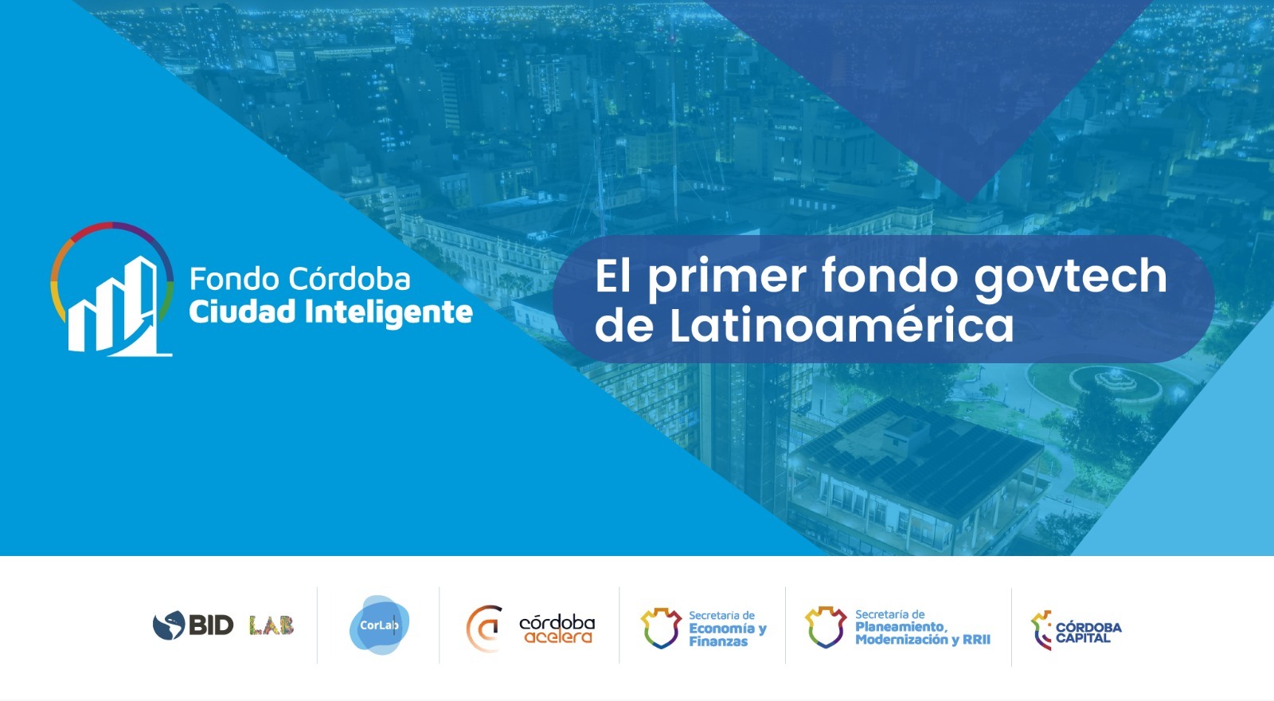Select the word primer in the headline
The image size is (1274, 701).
coord(726,279)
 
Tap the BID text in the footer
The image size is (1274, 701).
coord(211,625)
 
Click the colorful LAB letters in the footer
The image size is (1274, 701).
coord(272,626)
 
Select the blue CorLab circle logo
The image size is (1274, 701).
coord(379,625)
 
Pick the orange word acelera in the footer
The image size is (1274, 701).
coord(558,636)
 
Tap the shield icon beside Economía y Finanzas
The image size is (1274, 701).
coord(661,629)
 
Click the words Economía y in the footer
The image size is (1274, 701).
coord(728,629)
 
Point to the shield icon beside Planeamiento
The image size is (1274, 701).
coord(825,627)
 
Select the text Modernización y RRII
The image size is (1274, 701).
coord(923,640)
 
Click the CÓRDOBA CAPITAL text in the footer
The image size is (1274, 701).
coord(1088,632)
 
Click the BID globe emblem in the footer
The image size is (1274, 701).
coord(169,625)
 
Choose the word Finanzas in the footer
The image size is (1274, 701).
coord(718,641)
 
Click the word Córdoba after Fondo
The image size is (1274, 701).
coord(350,279)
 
